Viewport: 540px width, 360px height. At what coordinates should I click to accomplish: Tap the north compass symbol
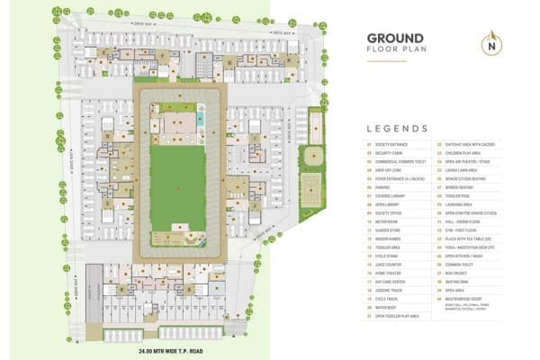tap(490, 41)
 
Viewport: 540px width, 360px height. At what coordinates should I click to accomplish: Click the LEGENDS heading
tap(397, 129)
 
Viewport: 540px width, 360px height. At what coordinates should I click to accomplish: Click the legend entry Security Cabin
tap(391, 153)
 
